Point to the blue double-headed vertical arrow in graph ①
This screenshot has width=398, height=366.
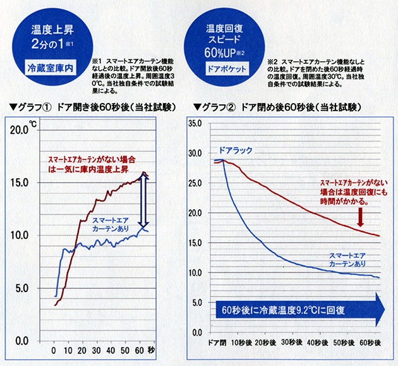pyautogui.click(x=143, y=201)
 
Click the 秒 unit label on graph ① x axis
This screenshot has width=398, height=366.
pyautogui.click(x=150, y=350)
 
